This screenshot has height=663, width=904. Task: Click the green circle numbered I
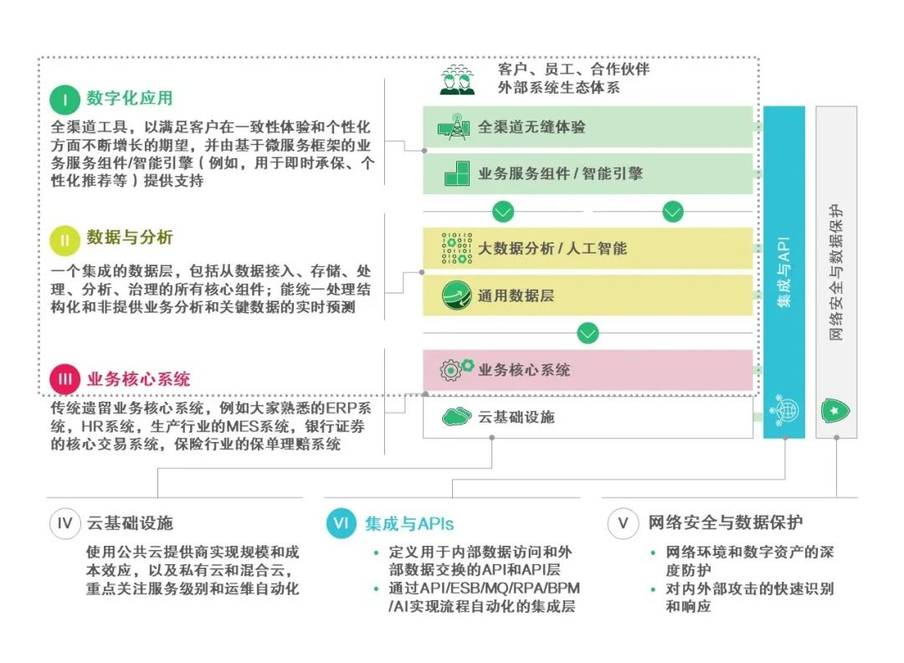[x=64, y=100]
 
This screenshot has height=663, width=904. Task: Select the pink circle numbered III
[x=64, y=379]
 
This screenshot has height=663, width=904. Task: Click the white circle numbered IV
[x=64, y=524]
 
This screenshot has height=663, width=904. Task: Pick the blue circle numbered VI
[x=342, y=524]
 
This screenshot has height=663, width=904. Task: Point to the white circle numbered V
[x=623, y=524]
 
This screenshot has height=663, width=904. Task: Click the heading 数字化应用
[x=130, y=99]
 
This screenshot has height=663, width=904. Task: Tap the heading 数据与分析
[x=130, y=239]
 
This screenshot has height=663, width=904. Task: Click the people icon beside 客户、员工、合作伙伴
[x=458, y=79]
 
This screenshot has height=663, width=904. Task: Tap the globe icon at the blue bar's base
[x=785, y=409]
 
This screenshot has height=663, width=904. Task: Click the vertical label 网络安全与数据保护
[x=836, y=272]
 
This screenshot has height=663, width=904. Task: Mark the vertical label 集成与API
[x=784, y=272]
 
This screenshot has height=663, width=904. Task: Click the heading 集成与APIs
[x=409, y=524]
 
